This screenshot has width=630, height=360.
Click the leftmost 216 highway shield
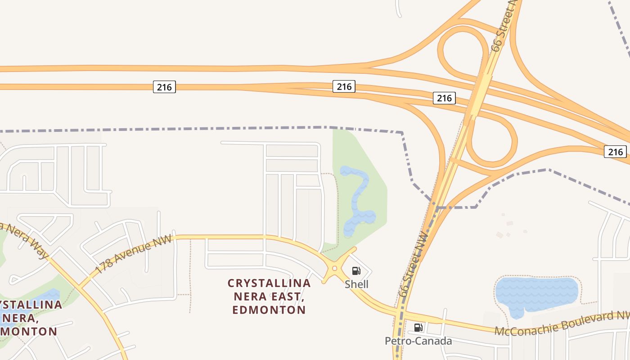(x=164, y=87)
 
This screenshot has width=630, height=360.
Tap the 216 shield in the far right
(x=615, y=152)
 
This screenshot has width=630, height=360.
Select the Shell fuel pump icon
(x=356, y=270)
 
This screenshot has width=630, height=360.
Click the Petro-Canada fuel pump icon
(x=418, y=327)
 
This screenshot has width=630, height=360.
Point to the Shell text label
(x=356, y=284)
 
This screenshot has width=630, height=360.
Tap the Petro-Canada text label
(x=418, y=341)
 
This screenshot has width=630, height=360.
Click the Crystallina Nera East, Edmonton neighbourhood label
(x=269, y=297)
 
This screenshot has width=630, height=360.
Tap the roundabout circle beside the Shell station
(x=334, y=269)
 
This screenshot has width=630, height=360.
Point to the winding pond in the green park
(x=359, y=200)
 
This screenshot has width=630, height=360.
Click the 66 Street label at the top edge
(x=503, y=27)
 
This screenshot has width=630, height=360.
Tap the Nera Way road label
(x=25, y=241)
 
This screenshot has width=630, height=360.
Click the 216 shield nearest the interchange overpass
(x=444, y=98)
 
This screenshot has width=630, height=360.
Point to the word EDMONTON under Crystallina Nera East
(x=269, y=310)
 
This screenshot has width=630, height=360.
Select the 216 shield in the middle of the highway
(x=344, y=86)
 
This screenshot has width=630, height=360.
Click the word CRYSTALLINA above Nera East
(x=269, y=283)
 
